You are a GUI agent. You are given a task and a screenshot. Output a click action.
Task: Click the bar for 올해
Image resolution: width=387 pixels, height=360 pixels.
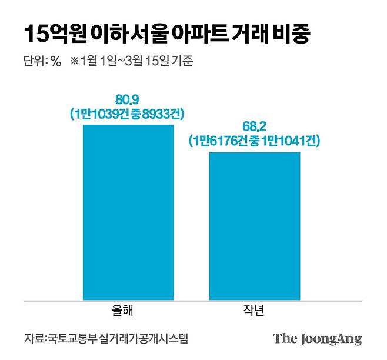coord(128,212)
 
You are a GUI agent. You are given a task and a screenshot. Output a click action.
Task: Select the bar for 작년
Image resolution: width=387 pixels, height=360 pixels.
coord(254,226)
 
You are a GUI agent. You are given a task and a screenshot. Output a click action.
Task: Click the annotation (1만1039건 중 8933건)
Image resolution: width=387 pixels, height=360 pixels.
coord(128,114)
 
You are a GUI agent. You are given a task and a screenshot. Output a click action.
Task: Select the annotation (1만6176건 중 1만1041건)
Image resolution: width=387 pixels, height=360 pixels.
coord(254,141)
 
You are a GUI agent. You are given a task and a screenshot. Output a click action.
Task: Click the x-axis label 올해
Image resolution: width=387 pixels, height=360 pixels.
coord(128,311)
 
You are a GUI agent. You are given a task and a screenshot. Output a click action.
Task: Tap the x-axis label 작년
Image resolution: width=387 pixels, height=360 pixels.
coord(255,311)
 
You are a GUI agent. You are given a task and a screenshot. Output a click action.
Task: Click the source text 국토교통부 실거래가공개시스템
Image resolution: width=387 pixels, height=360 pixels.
coord(121,339)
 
